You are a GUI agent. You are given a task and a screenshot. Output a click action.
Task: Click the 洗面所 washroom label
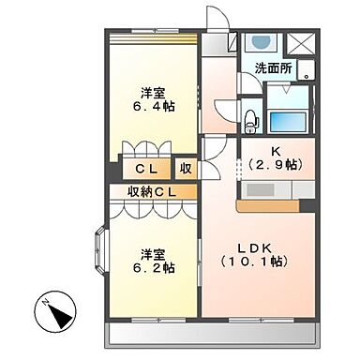274,67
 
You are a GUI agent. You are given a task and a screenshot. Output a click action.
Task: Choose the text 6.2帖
153,267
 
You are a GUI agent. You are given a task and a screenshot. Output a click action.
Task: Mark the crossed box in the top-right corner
301,44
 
